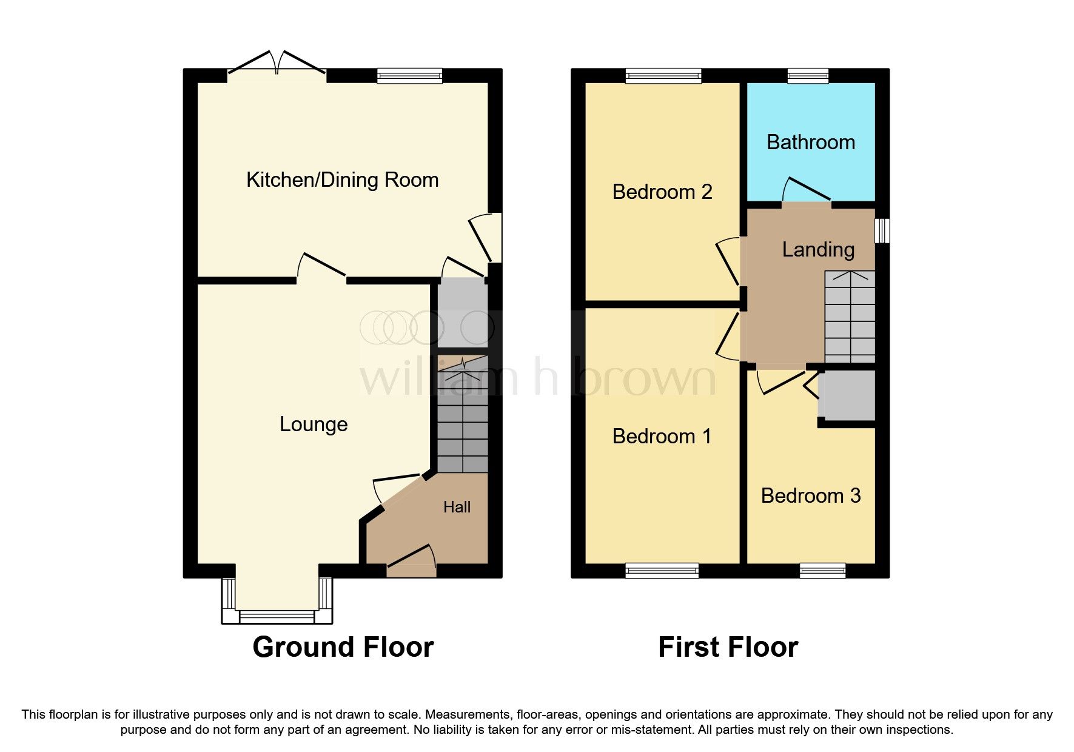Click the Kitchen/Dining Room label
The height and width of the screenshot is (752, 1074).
click(342, 180)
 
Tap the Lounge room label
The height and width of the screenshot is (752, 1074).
click(314, 424)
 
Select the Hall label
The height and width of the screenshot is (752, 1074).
click(457, 507)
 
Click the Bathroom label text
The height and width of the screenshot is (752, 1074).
click(811, 143)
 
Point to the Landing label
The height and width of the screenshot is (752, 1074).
click(818, 249)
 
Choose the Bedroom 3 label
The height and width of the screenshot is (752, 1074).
click(811, 495)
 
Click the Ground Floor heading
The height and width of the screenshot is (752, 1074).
click(343, 647)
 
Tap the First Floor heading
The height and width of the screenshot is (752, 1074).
click(728, 647)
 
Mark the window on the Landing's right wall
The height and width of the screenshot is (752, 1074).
click(882, 230)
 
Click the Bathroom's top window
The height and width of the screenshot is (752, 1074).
click(808, 76)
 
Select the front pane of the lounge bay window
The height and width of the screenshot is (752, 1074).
click(277, 617)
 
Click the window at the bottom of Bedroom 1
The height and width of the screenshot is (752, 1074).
click(662, 570)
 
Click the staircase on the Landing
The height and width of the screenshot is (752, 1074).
click(850, 317)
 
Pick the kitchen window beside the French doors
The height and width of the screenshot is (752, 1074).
click(409, 76)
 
